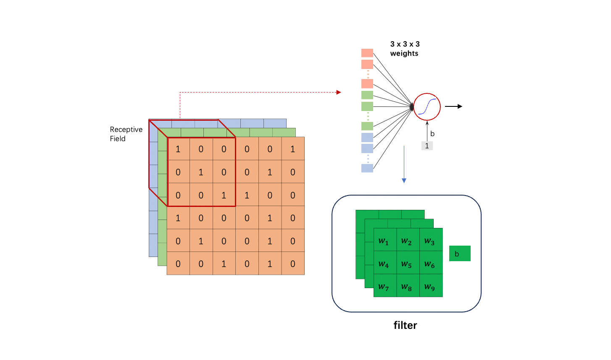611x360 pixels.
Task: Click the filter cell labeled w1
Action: click(385, 240)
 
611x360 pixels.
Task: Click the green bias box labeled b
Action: click(460, 254)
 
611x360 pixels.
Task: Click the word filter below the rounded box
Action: click(405, 325)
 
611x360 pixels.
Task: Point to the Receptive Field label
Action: click(126, 134)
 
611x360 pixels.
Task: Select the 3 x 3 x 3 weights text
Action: click(404, 48)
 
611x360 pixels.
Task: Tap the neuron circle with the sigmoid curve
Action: click(427, 107)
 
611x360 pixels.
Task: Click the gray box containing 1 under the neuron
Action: click(427, 146)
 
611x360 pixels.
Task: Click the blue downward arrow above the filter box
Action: click(404, 180)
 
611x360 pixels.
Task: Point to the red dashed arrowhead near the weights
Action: click(339, 92)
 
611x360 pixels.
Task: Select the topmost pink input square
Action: click(367, 53)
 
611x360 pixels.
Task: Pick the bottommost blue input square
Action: click(367, 168)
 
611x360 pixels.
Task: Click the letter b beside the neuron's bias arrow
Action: click(432, 134)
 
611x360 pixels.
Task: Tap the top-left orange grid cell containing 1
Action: click(178, 149)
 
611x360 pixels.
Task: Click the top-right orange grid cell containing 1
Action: click(293, 149)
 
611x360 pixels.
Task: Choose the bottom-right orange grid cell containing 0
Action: click(293, 264)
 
